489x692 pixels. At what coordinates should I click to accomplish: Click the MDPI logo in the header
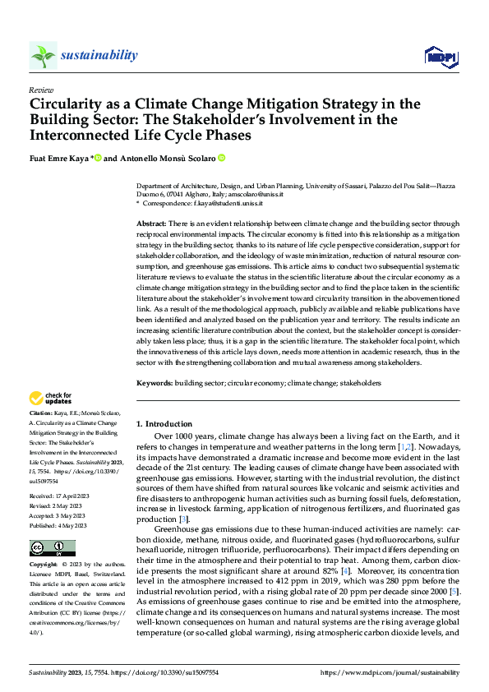pyautogui.click(x=440, y=55)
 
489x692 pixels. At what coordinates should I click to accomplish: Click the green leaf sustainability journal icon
pyautogui.click(x=43, y=55)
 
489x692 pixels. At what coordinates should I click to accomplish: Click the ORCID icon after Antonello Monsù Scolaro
pyautogui.click(x=221, y=157)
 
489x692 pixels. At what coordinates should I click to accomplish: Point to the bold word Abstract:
pyautogui.click(x=152, y=224)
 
